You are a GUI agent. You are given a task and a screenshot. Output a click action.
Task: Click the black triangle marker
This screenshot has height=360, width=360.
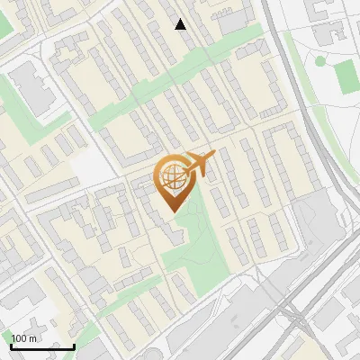click(x=181, y=24)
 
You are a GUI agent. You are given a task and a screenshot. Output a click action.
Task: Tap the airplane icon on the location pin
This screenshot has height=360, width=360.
click(x=198, y=165)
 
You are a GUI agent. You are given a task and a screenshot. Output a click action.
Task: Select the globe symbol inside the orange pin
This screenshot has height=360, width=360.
click(x=174, y=176)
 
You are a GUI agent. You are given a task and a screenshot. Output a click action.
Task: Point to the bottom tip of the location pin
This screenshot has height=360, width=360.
click(x=174, y=211)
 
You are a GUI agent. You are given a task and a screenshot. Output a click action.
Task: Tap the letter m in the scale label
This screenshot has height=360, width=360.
click(x=33, y=338)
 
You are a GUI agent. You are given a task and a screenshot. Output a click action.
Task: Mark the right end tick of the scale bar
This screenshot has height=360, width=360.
click(x=74, y=346)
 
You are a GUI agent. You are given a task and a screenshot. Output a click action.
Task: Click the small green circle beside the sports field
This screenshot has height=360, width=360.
click(x=320, y=62)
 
